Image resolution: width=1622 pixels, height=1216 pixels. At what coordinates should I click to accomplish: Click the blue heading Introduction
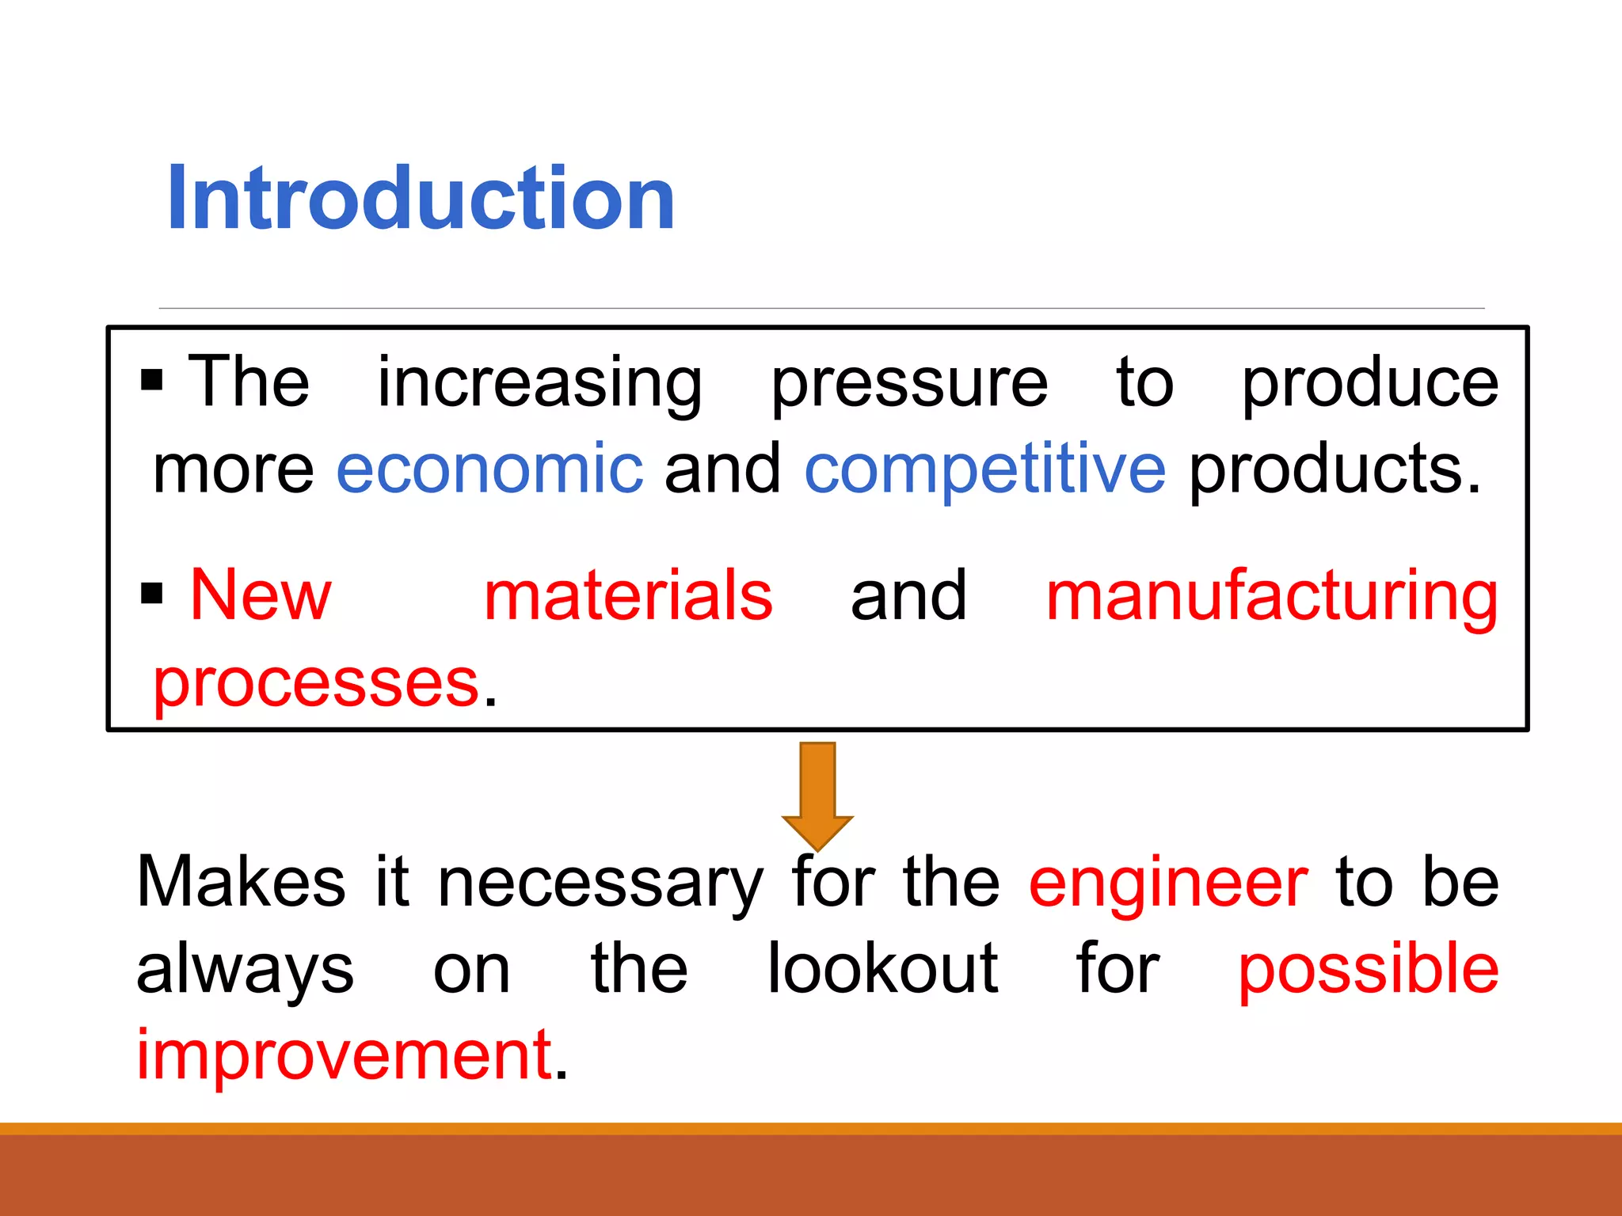[x=421, y=198]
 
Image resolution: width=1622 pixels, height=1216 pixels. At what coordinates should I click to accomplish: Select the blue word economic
[x=489, y=469]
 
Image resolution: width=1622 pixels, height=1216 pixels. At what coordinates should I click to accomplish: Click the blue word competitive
[x=984, y=469]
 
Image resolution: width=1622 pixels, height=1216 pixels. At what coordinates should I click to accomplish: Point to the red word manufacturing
[x=1271, y=595]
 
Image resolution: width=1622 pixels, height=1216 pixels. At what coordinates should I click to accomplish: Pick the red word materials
[x=628, y=595]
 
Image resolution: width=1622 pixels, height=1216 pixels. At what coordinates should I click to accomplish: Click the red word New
[x=261, y=595]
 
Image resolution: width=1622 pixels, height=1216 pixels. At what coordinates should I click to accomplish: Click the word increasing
[x=539, y=383]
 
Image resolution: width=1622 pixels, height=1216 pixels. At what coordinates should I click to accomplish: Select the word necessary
[x=600, y=883]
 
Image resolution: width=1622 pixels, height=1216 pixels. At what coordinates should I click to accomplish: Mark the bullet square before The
[x=151, y=380]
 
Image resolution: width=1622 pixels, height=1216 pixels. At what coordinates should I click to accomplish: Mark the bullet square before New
[x=151, y=593]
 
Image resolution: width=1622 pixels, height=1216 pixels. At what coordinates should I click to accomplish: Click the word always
[x=245, y=971]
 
